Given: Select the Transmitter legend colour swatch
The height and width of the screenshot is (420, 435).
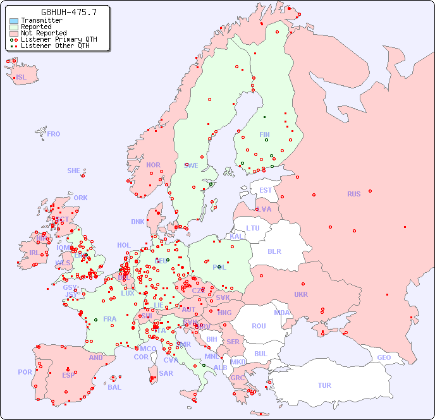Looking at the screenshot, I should point(14,20).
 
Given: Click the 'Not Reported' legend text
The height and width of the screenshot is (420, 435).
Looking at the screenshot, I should point(44,33).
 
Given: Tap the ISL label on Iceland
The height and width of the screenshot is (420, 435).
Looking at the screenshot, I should point(21,78).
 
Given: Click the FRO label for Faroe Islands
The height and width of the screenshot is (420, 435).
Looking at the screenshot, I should point(54,134).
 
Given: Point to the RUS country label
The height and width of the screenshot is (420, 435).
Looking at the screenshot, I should point(353,194).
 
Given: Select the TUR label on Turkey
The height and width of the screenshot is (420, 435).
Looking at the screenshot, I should point(324,385).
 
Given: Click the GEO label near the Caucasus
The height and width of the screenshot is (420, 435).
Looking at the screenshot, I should point(384,357).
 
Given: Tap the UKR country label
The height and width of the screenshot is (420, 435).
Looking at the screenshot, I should point(301,294).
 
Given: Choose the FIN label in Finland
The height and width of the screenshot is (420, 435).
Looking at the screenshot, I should point(264,135).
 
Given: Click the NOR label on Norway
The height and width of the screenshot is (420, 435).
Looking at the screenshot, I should point(153,165).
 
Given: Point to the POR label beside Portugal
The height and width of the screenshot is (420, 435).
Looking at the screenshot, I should point(25,372).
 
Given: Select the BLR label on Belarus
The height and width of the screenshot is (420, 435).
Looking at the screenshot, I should point(274,251).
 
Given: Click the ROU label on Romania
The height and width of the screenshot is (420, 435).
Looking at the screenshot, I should point(259,326).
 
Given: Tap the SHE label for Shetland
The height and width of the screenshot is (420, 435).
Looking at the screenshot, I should point(74,171).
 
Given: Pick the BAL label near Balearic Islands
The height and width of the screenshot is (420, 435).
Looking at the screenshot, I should point(114,387).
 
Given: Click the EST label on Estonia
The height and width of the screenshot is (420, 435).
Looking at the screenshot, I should point(266,190).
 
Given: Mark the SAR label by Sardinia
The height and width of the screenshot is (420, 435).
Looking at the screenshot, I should point(166,373).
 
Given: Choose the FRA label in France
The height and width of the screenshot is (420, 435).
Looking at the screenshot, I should point(110,319).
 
